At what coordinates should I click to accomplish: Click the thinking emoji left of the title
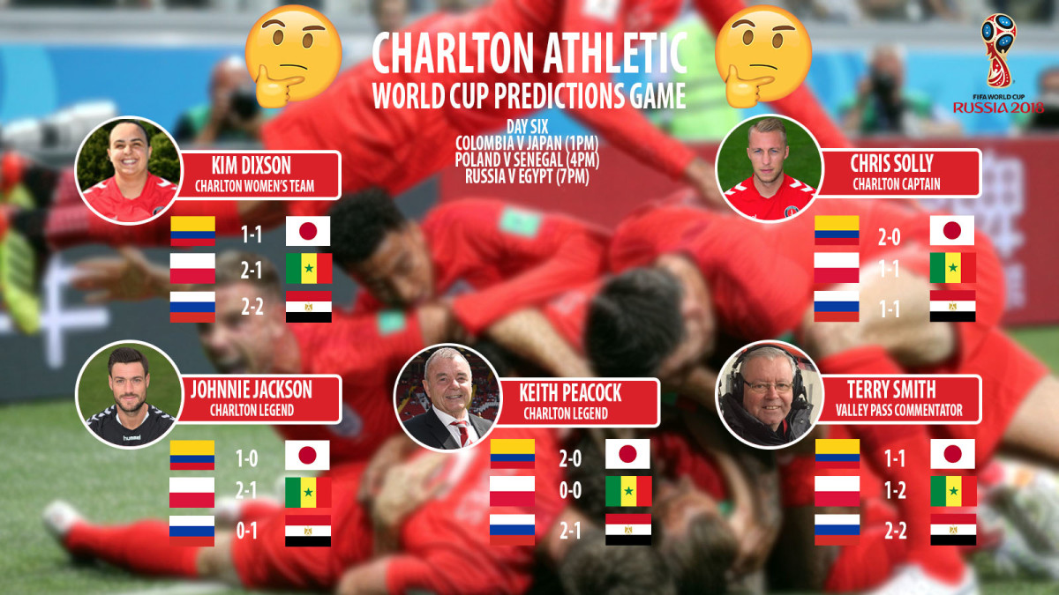tap(293, 56)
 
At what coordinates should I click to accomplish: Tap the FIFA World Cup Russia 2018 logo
tap(998, 63)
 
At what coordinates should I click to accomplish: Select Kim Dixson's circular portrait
tap(129, 170)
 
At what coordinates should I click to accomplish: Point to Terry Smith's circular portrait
tap(770, 394)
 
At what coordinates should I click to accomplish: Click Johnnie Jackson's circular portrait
tap(129, 394)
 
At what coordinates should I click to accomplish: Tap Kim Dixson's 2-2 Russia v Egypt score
tap(252, 307)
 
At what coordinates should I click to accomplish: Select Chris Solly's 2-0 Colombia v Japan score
tap(889, 237)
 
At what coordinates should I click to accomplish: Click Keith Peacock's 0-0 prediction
tap(570, 491)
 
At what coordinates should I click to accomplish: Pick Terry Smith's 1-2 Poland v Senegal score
tap(895, 491)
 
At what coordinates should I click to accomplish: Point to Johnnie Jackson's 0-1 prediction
tap(246, 532)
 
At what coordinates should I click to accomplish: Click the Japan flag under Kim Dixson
tap(308, 231)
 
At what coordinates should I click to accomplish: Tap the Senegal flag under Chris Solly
tap(952, 268)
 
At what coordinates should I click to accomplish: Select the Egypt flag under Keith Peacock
tap(628, 530)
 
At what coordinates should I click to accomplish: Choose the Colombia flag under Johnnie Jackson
tap(192, 455)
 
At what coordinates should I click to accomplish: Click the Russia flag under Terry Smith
tap(837, 530)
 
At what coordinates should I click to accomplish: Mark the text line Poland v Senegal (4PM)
tap(527, 160)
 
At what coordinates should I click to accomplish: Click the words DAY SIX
tap(528, 127)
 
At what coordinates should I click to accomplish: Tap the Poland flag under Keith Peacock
tap(512, 491)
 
